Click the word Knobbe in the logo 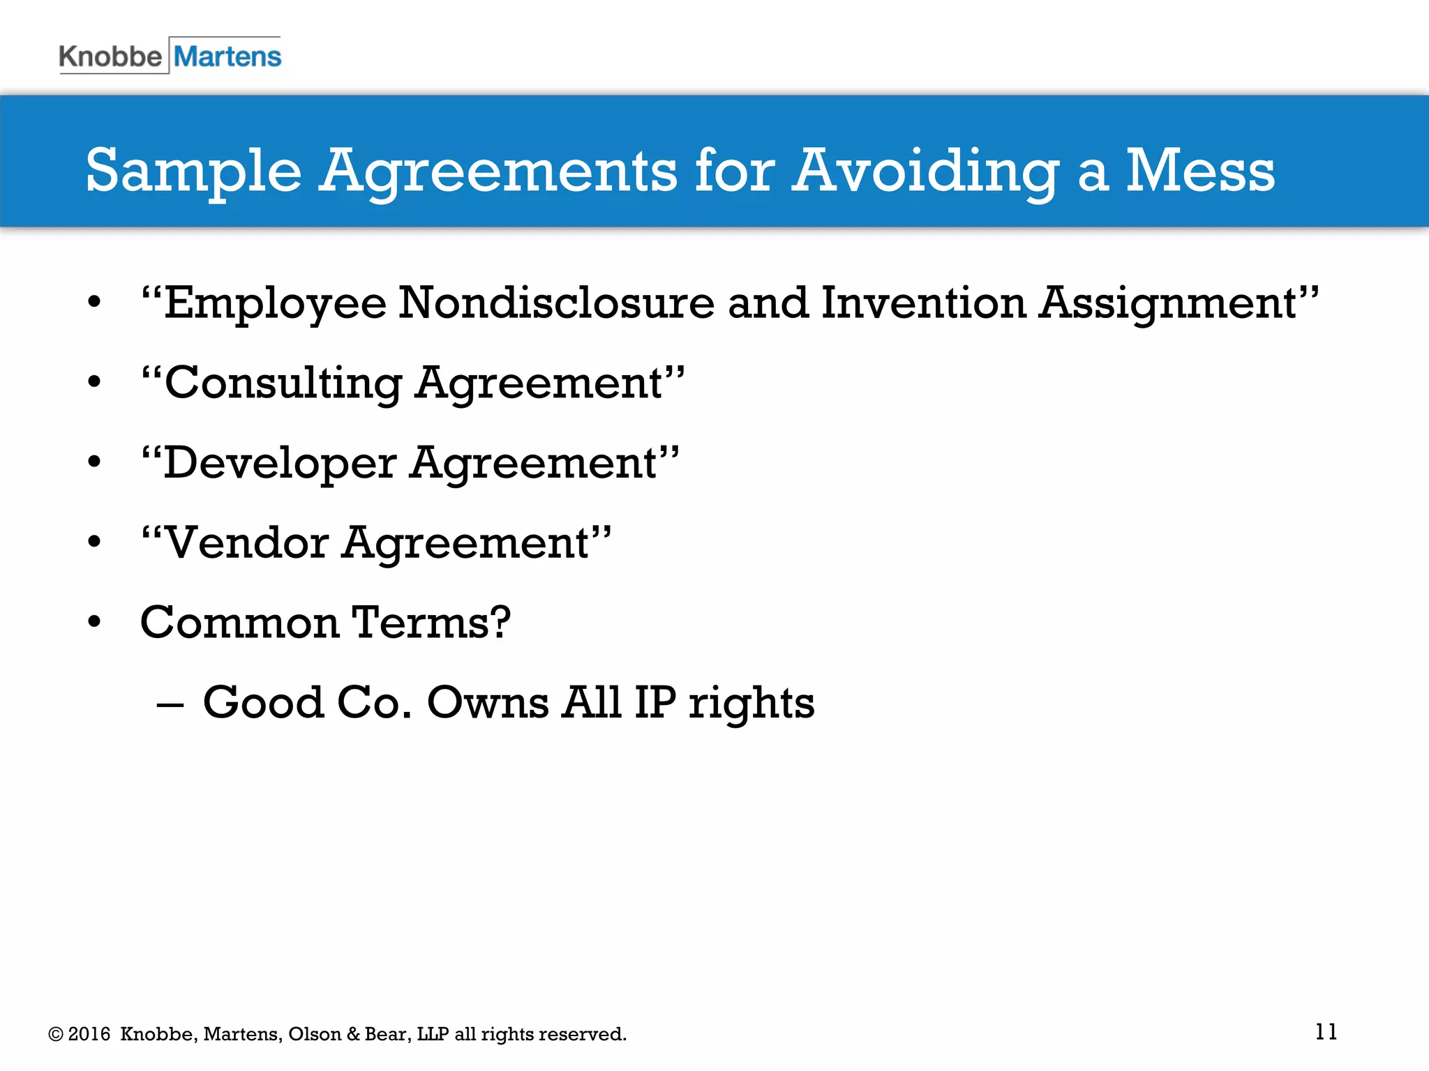(110, 56)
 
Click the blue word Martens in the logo (227, 56)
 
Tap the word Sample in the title (193, 171)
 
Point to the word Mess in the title (1200, 171)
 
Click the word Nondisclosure (556, 303)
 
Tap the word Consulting (283, 383)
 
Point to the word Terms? (431, 622)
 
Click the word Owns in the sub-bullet (488, 702)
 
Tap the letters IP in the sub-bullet (655, 702)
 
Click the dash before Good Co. (170, 704)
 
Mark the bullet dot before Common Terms (95, 622)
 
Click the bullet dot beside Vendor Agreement (95, 542)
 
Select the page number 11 (1326, 1031)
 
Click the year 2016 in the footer (89, 1034)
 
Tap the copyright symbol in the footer (56, 1034)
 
